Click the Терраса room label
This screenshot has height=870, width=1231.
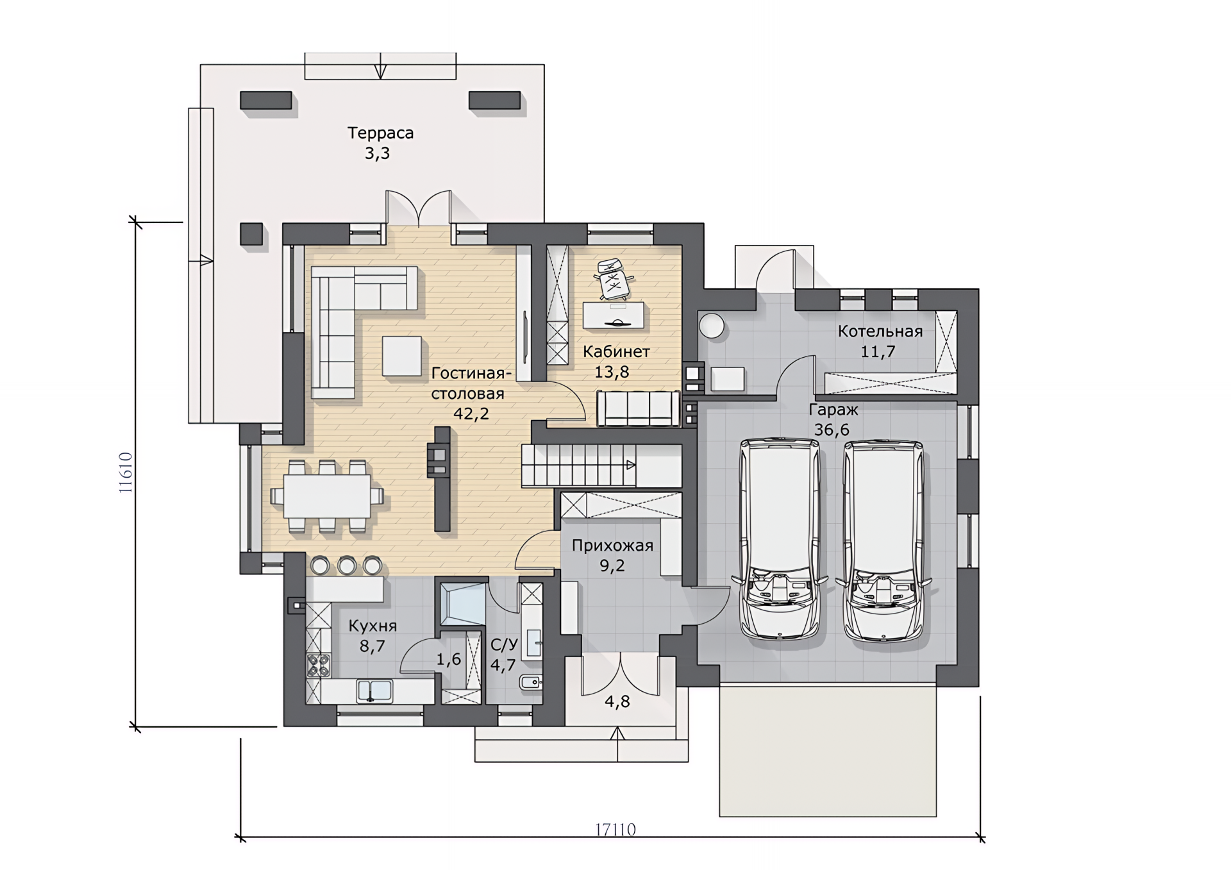[x=380, y=133]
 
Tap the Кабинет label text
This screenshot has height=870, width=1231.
[x=616, y=351]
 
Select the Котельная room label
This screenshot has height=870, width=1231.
[x=880, y=331]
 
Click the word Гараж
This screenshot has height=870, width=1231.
[x=833, y=410]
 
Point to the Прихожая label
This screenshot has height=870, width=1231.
[x=612, y=546]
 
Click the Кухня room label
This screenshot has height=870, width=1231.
[x=373, y=626]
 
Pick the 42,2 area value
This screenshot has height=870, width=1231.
[x=471, y=414]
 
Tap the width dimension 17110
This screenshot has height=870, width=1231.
[x=615, y=830]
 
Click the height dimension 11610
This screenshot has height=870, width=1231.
[x=126, y=473]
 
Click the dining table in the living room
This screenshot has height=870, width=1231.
[x=327, y=496]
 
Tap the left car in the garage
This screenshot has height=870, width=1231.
[x=779, y=539]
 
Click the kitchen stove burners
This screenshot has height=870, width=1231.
[x=318, y=665]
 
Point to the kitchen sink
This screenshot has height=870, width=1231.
[x=374, y=690]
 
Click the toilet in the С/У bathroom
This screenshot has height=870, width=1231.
[x=531, y=682]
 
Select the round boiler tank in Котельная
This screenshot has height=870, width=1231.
[x=712, y=326]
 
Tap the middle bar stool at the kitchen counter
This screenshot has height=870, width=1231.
[x=347, y=565]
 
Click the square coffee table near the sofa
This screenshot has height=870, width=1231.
[x=402, y=356]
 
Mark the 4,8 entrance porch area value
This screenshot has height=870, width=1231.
[x=617, y=701]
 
